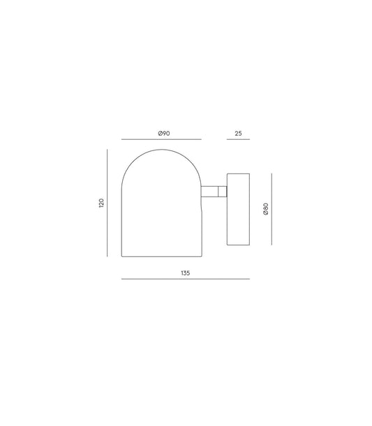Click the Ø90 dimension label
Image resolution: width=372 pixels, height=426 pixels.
click(165, 133)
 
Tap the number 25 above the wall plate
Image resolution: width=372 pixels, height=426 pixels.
click(238, 133)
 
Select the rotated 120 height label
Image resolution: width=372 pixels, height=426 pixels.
click(101, 203)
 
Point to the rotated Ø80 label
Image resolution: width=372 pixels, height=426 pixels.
click(266, 208)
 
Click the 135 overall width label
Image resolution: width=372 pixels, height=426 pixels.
click(185, 273)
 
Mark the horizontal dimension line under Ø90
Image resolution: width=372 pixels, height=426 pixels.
click(161, 139)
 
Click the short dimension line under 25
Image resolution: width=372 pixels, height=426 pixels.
click(238, 139)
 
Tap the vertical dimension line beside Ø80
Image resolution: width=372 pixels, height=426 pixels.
click(271, 208)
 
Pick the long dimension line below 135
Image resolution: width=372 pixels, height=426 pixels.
click(185, 279)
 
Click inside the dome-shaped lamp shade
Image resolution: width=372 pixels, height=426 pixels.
click(161, 210)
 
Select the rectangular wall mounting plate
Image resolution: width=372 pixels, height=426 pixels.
click(238, 208)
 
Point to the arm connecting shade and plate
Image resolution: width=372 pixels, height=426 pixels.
click(209, 190)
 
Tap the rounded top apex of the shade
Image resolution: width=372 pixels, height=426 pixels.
click(161, 149)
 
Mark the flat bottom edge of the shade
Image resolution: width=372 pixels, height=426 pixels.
click(161, 255)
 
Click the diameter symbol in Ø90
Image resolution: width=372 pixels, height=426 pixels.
click(161, 133)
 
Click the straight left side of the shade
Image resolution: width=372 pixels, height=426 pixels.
click(122, 217)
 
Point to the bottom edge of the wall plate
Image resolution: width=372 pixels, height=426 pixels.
click(238, 244)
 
